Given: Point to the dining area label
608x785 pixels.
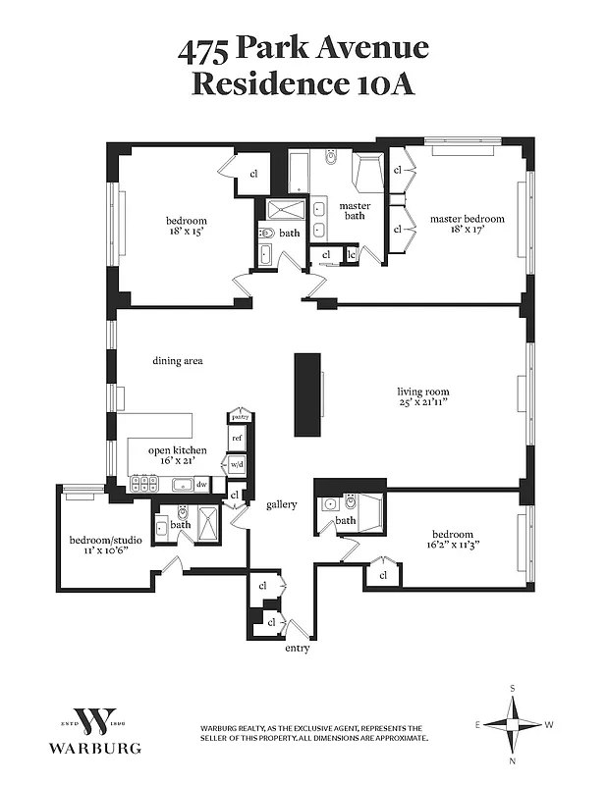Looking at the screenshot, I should coord(177,361).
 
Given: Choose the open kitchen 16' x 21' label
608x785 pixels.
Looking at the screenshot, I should coord(177,456).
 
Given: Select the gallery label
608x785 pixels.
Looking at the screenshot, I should coord(281,504).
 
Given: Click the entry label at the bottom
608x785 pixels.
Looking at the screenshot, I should coord(297,649).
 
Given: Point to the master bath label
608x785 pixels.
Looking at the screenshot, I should coord(355,211).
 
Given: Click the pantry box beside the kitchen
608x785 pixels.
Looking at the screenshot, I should coord(241,418).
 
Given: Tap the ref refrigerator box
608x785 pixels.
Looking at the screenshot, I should coord(237,439).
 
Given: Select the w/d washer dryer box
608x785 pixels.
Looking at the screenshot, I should coord(237,464).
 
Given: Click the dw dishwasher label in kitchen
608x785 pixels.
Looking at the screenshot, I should coord(201,484).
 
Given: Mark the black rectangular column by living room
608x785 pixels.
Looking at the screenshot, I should coord(308,394).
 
